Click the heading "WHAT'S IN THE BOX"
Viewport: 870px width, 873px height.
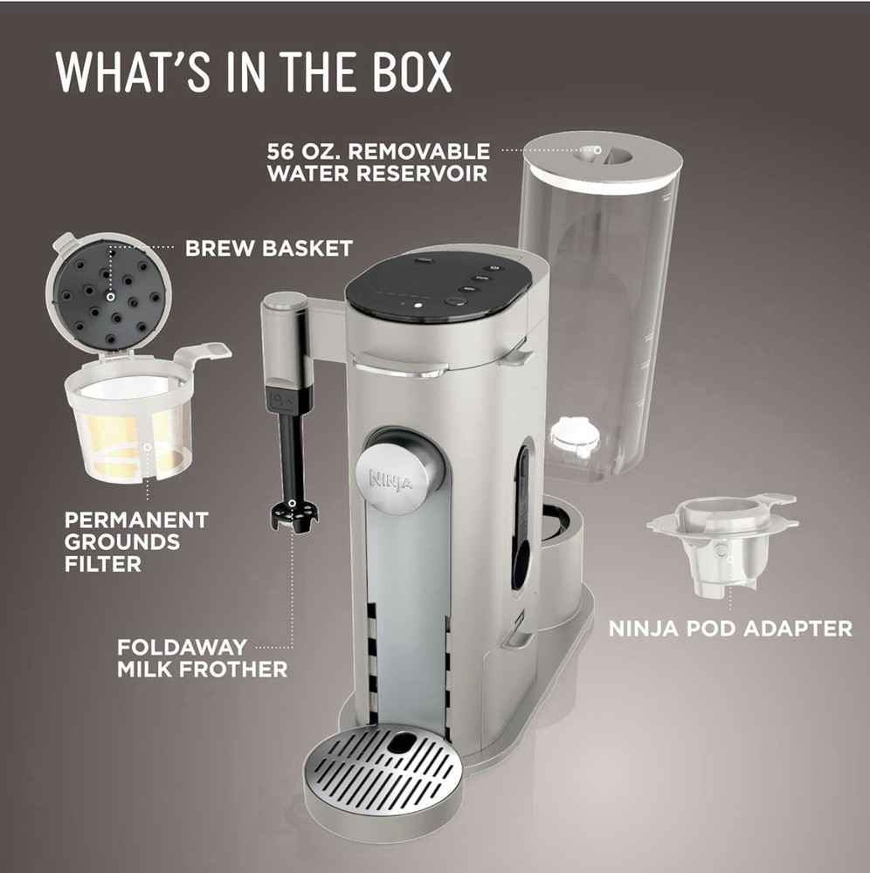tap(254, 72)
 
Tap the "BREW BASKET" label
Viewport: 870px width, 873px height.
tap(268, 249)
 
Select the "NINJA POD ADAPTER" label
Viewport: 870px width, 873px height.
tap(730, 628)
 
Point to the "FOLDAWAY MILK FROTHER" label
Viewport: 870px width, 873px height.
tap(202, 659)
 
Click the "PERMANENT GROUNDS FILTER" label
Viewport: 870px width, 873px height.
tap(136, 541)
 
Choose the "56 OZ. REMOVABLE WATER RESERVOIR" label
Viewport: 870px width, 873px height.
tap(378, 162)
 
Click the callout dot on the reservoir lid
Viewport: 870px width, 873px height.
tap(597, 149)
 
